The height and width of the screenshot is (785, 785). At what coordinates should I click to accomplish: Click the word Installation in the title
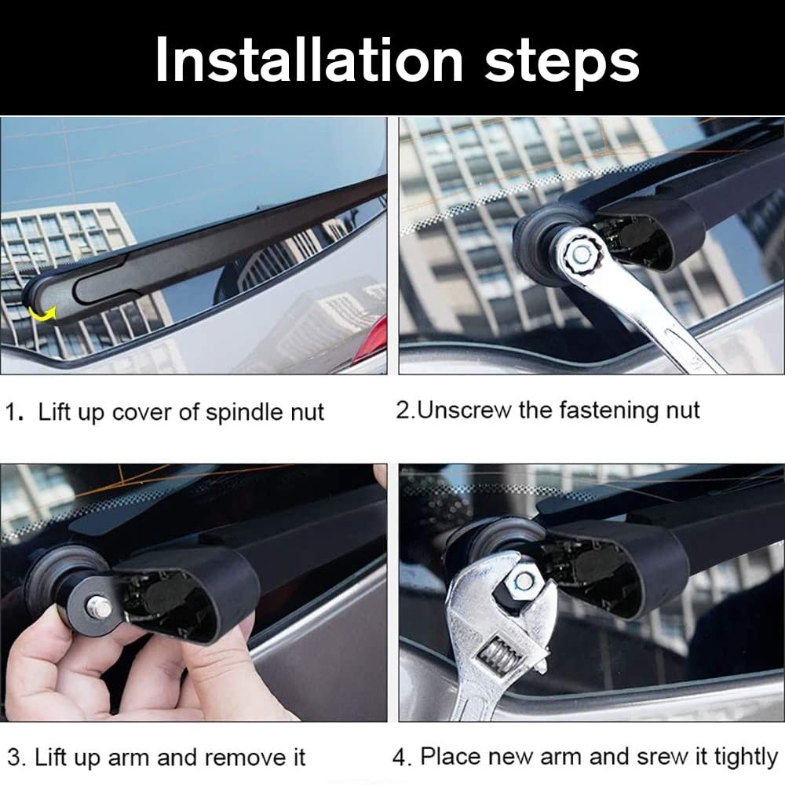coord(309,60)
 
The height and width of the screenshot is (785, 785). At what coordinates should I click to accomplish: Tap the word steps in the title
coord(562,64)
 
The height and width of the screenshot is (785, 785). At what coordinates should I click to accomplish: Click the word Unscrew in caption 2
coord(465,410)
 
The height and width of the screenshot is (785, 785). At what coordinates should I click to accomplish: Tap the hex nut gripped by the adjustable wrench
coord(522,581)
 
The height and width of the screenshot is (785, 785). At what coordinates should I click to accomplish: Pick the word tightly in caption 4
coord(746,757)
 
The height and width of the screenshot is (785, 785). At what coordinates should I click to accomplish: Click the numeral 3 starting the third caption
coord(13,758)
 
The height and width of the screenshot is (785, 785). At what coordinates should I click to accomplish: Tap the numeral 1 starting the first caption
coord(11,413)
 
